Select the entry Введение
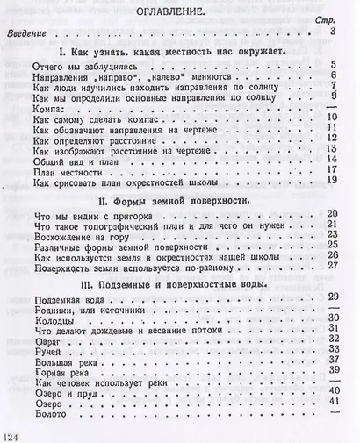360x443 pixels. click(32, 32)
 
